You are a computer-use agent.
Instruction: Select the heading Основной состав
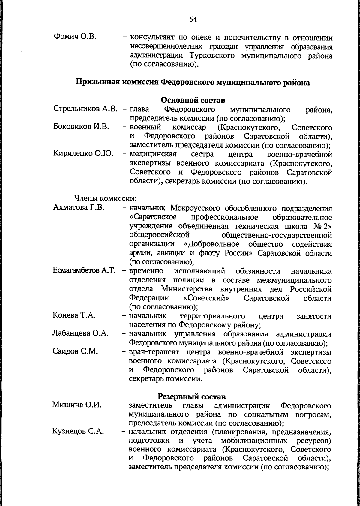[193, 100]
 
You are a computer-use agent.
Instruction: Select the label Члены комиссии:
[106, 199]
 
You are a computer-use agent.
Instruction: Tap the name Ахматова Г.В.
[79, 208]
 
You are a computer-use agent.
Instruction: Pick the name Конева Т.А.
[74, 315]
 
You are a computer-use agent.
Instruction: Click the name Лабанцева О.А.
[80, 333]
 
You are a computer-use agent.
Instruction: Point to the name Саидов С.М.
[75, 351]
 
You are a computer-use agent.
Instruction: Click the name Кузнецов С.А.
[78, 432]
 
